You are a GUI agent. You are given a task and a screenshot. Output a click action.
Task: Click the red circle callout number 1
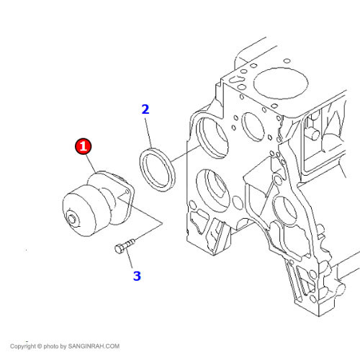83,146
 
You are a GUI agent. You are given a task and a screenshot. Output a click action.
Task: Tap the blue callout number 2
145,109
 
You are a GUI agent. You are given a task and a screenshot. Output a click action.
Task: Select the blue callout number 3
137,276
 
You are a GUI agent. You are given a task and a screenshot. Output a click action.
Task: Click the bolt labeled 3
125,246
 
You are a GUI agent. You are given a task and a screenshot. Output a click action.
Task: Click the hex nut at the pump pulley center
72,219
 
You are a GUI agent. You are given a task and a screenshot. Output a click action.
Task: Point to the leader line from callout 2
148,132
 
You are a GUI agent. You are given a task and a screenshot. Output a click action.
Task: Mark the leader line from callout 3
129,258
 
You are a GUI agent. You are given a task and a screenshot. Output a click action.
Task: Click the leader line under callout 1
91,163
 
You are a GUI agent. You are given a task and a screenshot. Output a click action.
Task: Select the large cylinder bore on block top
281,83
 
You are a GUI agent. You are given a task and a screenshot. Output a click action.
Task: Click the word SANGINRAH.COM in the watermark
94,346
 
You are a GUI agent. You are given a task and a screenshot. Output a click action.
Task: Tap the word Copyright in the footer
23,346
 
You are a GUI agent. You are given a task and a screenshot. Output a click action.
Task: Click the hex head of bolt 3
119,249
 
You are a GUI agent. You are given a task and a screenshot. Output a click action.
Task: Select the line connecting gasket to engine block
185,153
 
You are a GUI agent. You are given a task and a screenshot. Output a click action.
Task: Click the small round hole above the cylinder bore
287,60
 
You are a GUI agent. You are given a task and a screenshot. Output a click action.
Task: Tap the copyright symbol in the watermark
40,346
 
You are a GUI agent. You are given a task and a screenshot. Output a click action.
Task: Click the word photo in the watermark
51,346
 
